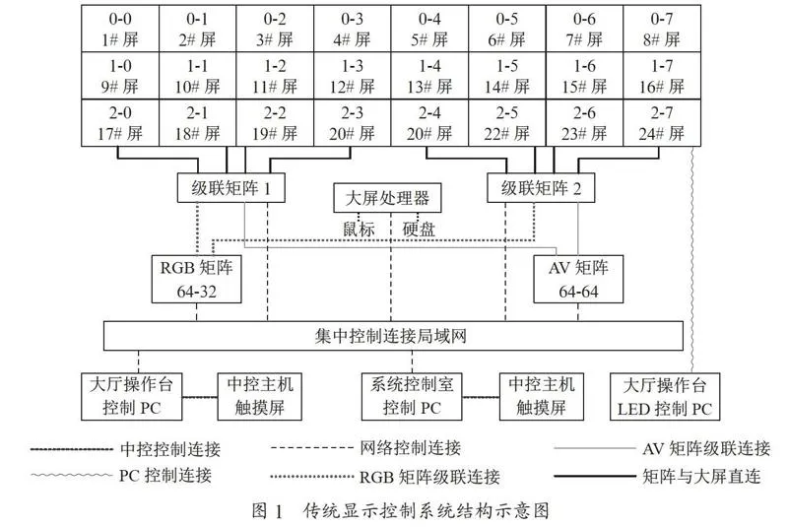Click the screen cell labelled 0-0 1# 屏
(x=120, y=29)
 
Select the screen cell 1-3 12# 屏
(x=353, y=76)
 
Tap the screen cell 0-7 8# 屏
(x=662, y=29)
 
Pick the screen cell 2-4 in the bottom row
(x=429, y=122)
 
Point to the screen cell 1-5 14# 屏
(x=507, y=76)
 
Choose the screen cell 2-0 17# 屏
(x=120, y=122)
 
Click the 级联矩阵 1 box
(x=231, y=188)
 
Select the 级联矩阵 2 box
(x=541, y=188)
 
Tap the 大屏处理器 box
(x=387, y=197)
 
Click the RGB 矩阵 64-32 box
(x=196, y=280)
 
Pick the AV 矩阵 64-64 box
(x=578, y=280)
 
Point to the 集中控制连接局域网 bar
(x=393, y=336)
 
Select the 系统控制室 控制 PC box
(x=412, y=396)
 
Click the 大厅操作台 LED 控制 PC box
(x=665, y=396)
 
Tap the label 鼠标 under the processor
(x=359, y=230)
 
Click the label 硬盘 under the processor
(x=419, y=230)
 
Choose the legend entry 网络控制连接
(x=411, y=447)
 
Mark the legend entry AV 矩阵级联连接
(x=706, y=448)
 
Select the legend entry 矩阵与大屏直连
(x=701, y=476)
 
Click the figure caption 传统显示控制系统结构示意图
(x=427, y=510)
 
